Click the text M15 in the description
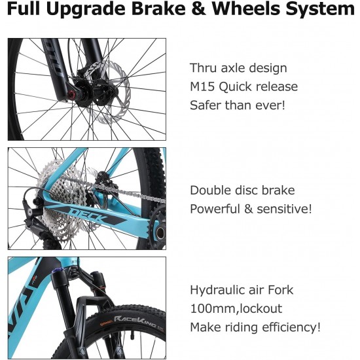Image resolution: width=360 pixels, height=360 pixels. (x=202, y=87)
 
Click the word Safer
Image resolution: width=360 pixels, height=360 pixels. (x=206, y=105)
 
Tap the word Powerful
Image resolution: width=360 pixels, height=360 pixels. (x=215, y=209)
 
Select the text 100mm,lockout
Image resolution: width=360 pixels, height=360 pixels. (x=236, y=308)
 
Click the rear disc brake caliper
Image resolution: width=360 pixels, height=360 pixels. (x=104, y=182)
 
